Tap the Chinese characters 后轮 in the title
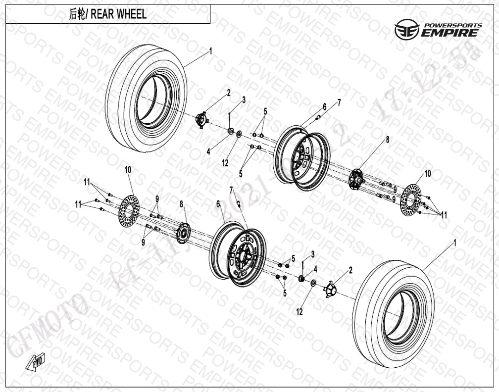click(x=77, y=14)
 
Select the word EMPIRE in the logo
click(x=449, y=34)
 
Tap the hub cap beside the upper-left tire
click(x=201, y=120)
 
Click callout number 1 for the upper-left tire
click(x=210, y=50)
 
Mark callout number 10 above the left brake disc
click(x=128, y=169)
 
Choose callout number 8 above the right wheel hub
click(x=388, y=140)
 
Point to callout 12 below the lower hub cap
click(x=299, y=312)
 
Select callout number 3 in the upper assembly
click(x=244, y=100)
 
